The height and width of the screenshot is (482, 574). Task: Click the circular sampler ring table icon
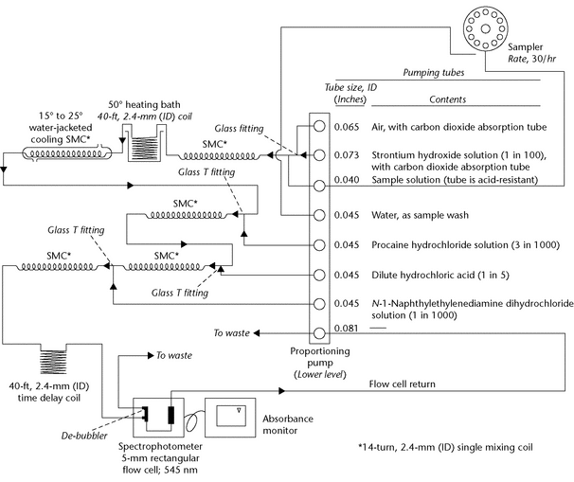click(484, 29)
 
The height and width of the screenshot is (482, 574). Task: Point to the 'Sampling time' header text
click(431, 71)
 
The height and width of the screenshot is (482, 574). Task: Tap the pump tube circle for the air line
click(320, 124)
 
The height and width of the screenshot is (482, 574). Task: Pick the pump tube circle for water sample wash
click(320, 214)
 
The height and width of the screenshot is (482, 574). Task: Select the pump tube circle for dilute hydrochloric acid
click(320, 275)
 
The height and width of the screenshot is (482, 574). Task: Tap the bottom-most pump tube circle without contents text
click(320, 330)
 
